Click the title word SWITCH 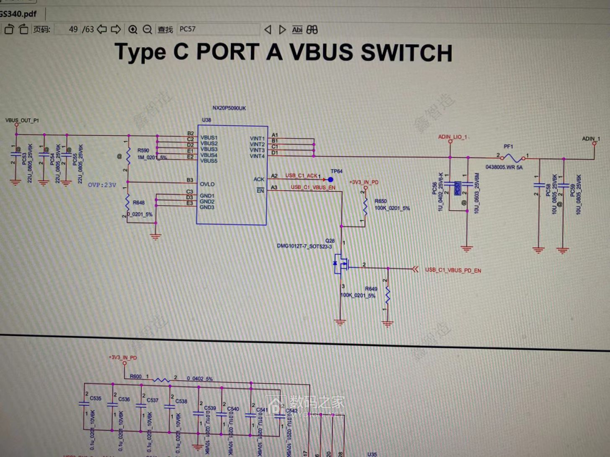[x=406, y=53]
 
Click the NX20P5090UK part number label [x=229, y=108]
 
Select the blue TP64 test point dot [x=331, y=180]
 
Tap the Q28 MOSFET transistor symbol [x=341, y=264]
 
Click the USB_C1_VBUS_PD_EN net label [x=453, y=271]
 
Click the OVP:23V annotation [x=102, y=185]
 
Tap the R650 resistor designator [x=380, y=201]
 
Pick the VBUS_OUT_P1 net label [x=22, y=120]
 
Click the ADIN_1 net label [x=591, y=139]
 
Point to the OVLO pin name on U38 [x=207, y=184]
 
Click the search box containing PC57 [x=218, y=29]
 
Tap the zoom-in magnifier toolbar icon [x=133, y=29]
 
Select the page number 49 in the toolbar [x=73, y=29]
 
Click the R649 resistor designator [x=371, y=289]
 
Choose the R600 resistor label [x=135, y=376]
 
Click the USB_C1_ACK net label [x=301, y=176]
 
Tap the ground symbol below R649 [x=388, y=323]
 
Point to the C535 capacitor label [x=96, y=398]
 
